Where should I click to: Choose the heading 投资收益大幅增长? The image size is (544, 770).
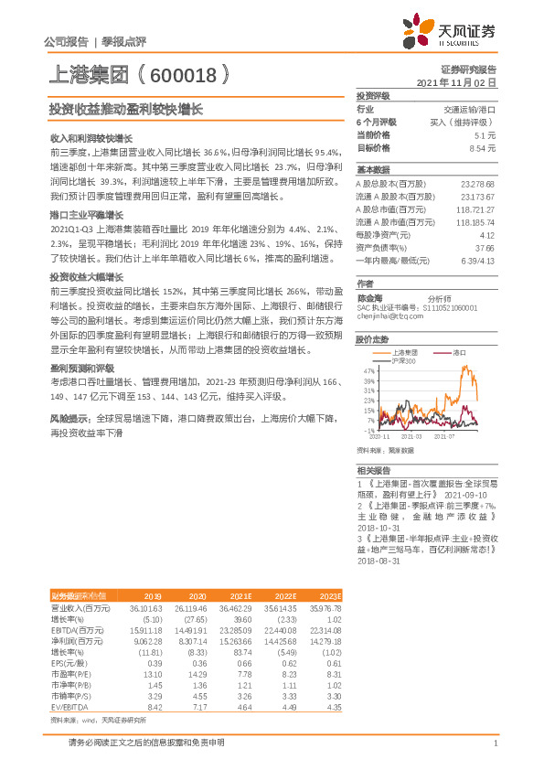pyautogui.click(x=86, y=275)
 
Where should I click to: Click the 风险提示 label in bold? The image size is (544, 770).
pyautogui.click(x=69, y=417)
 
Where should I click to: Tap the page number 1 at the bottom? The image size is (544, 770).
pyautogui.click(x=494, y=743)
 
